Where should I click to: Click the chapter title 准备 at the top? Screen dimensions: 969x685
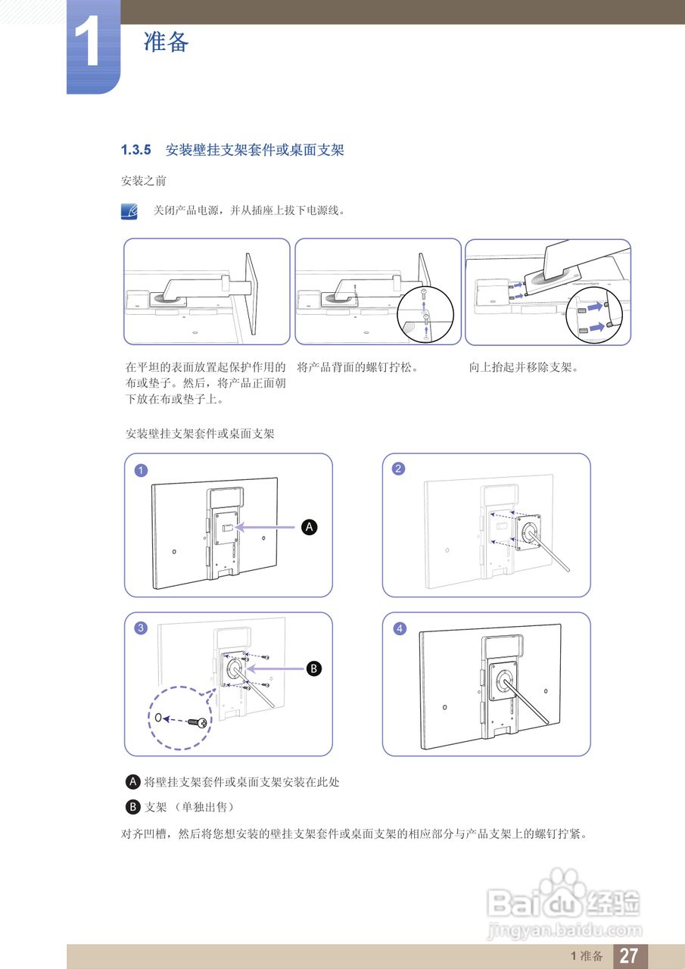pyautogui.click(x=166, y=42)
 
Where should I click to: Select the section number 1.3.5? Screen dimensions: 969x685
pyautogui.click(x=136, y=150)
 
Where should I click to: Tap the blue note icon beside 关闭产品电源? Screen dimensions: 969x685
pyautogui.click(x=130, y=211)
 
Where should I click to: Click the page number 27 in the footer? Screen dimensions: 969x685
pyautogui.click(x=628, y=955)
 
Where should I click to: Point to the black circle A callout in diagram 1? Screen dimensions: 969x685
pyautogui.click(x=308, y=527)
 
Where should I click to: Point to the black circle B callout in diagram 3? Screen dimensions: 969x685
pyautogui.click(x=313, y=668)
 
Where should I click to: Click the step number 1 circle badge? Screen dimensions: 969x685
pyautogui.click(x=141, y=470)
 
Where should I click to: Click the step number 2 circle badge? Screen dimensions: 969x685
pyautogui.click(x=398, y=469)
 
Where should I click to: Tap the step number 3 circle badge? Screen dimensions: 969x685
pyautogui.click(x=141, y=628)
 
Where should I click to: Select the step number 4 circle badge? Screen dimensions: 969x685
pyautogui.click(x=399, y=629)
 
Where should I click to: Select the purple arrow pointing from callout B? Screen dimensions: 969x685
pyautogui.click(x=276, y=668)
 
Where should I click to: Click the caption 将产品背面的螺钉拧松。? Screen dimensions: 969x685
pyautogui.click(x=358, y=368)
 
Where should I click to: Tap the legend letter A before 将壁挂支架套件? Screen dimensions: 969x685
pyautogui.click(x=133, y=781)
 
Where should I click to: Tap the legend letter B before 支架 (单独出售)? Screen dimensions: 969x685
pyautogui.click(x=133, y=807)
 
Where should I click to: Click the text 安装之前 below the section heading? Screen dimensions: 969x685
pyautogui.click(x=144, y=182)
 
